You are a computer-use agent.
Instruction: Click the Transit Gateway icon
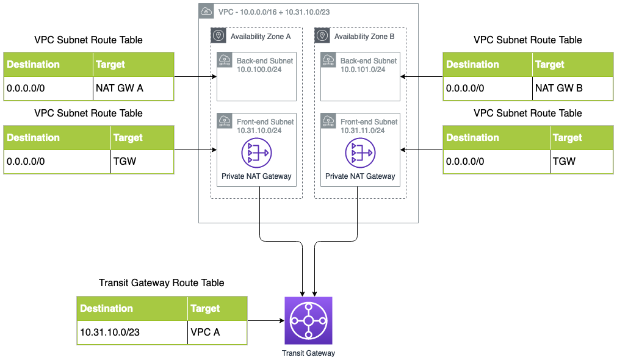(x=308, y=321)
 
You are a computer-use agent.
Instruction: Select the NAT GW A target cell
(x=133, y=88)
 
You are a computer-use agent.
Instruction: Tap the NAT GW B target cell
(x=572, y=88)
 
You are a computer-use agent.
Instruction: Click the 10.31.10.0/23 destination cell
(x=132, y=333)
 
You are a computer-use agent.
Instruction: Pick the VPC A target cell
(x=217, y=333)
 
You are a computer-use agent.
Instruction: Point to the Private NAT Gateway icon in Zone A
(x=256, y=153)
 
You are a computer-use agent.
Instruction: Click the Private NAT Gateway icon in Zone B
(x=360, y=153)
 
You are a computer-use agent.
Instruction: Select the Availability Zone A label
(x=261, y=37)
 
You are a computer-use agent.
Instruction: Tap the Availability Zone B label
(x=364, y=37)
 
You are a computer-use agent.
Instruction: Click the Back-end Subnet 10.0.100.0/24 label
(x=265, y=65)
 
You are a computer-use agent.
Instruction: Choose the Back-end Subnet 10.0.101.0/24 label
(x=369, y=65)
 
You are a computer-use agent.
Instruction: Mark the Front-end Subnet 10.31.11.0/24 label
(x=369, y=126)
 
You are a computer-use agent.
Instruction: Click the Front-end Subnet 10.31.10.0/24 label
(x=265, y=126)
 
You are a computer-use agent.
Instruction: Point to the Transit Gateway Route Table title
(x=161, y=283)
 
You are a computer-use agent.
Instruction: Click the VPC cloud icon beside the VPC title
(x=207, y=12)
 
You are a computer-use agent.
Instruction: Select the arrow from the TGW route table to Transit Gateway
(x=265, y=320)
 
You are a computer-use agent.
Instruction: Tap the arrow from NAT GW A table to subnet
(x=195, y=76)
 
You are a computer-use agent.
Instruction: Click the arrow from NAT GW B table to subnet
(x=422, y=76)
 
